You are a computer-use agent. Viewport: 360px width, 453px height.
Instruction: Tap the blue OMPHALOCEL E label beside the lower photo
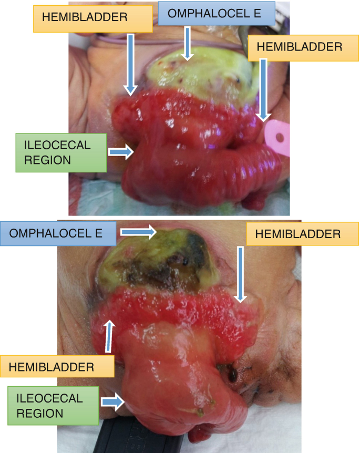[x=58, y=233]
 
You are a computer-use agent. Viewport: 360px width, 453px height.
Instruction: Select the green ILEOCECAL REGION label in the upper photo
[x=53, y=152]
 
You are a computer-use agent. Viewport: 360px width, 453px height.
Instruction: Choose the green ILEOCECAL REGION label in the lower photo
[x=53, y=405]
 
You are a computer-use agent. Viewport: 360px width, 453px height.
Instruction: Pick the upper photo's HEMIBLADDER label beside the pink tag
[x=299, y=46]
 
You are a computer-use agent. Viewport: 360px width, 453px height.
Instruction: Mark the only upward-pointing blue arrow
[x=110, y=335]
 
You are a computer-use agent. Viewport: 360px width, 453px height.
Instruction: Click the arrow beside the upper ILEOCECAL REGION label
[x=120, y=152]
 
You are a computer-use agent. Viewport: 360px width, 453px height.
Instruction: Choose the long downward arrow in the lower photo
[x=240, y=273]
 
